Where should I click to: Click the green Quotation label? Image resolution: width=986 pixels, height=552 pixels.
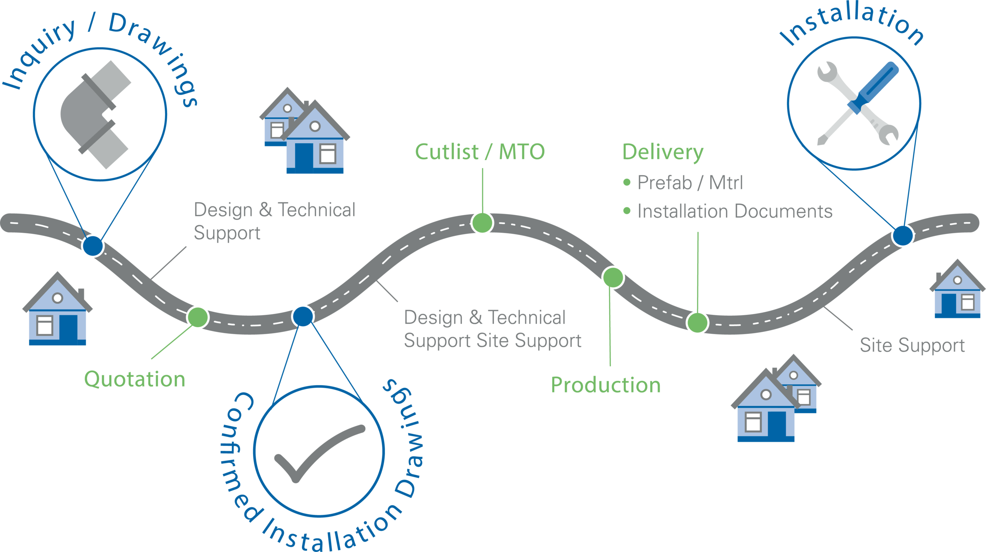(135, 380)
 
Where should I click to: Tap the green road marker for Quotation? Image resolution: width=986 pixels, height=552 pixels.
(198, 317)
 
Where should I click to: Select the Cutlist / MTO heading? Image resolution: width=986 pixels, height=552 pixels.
(480, 152)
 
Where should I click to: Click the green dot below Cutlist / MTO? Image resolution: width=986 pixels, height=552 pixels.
(482, 222)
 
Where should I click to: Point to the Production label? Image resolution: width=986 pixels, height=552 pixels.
(605, 385)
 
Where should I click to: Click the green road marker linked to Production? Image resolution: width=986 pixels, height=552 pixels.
(613, 277)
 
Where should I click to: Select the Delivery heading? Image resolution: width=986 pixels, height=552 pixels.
(663, 152)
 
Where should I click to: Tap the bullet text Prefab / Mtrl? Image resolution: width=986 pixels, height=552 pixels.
(689, 182)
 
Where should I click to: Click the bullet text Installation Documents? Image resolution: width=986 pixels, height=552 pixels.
(734, 211)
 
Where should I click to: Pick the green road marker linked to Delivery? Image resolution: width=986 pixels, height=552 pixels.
(697, 323)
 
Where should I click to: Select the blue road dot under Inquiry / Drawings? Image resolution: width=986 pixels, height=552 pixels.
(92, 245)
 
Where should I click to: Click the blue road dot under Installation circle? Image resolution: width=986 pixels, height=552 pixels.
(902, 235)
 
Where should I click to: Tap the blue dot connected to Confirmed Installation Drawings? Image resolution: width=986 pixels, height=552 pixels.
(303, 316)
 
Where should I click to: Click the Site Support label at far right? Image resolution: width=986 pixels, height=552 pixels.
(912, 345)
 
